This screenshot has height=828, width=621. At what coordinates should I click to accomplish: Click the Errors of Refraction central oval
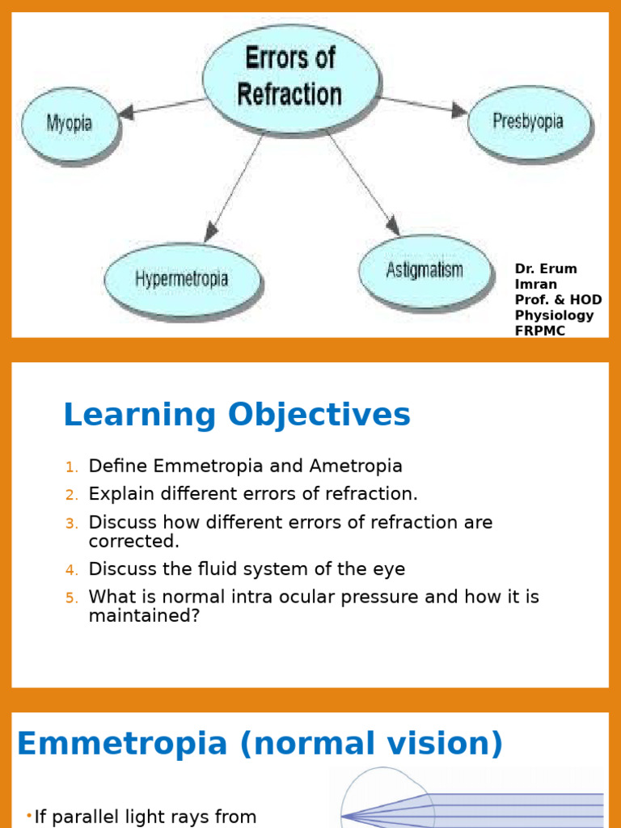point(289,77)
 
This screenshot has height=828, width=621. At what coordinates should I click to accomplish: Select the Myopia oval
point(69,124)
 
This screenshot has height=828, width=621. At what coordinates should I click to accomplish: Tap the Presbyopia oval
point(529,122)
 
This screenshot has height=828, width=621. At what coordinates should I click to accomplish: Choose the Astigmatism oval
point(424,269)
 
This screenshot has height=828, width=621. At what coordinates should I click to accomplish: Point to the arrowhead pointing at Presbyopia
point(459,109)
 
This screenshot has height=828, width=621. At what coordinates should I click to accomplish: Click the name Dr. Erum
point(546,269)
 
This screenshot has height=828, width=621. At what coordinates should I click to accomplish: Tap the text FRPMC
point(540,331)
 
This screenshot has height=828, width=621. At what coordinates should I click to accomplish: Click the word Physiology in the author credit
point(554,315)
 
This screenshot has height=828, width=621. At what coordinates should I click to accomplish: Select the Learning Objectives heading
point(237,416)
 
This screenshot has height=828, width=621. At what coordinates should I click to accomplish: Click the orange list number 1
point(72,467)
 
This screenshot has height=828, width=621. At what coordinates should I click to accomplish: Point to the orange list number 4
point(72,570)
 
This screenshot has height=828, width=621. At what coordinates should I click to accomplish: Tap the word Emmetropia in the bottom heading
point(122,744)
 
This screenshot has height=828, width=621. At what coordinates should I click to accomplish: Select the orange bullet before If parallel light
point(29,817)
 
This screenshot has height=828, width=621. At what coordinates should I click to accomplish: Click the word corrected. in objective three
point(134,540)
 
